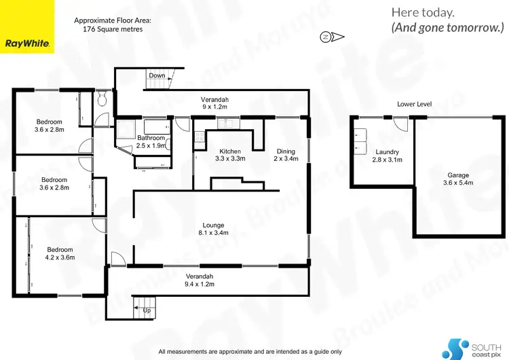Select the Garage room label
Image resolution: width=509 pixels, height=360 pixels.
coord(458,179)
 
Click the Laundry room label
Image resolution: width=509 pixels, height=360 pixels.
coord(387,156)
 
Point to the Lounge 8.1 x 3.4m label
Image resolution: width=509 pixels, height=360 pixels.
coord(213,229)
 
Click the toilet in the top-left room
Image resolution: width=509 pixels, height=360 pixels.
coord(101,101)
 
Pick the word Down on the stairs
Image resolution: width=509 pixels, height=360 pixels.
coord(157,75)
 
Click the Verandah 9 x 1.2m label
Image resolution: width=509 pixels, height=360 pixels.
coord(214,103)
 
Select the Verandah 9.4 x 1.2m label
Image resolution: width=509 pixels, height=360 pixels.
coord(200,280)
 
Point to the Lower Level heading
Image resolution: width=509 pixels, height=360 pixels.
coord(415,104)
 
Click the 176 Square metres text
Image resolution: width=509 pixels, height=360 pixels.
coord(112,29)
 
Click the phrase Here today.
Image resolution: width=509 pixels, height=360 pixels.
coord(423,12)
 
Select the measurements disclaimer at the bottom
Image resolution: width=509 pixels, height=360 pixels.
coord(250,351)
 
